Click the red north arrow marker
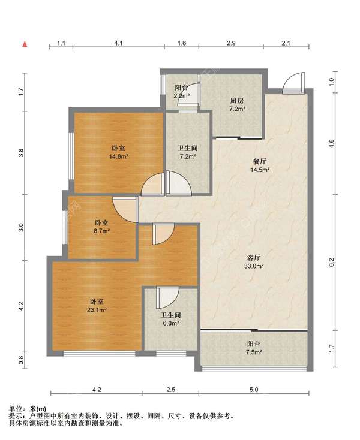click(25, 44)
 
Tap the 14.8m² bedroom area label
click(119, 152)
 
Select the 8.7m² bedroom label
click(101, 227)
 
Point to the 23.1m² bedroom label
click(97, 306)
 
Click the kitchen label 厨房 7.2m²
click(237, 105)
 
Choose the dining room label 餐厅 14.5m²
click(260, 165)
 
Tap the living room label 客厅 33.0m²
click(254, 262)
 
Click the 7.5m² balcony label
click(254, 348)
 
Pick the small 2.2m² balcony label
click(181, 92)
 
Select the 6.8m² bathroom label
click(171, 319)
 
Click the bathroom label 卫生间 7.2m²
click(188, 152)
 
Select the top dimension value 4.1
click(119, 43)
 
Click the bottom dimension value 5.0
click(254, 390)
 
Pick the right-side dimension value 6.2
click(331, 262)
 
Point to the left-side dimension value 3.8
click(21, 153)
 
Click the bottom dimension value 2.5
click(171, 390)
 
